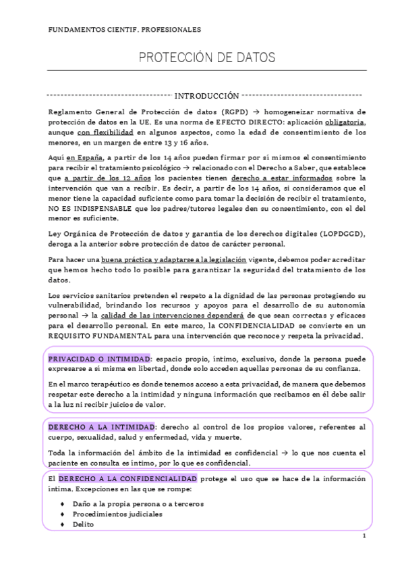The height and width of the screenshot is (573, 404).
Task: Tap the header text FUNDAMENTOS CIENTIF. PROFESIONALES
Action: tap(125, 30)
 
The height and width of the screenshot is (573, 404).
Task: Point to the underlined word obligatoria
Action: tap(341, 122)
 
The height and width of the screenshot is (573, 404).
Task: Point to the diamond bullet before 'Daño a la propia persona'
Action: tap(62, 504)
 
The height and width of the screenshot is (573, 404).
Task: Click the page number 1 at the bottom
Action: tap(364, 538)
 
